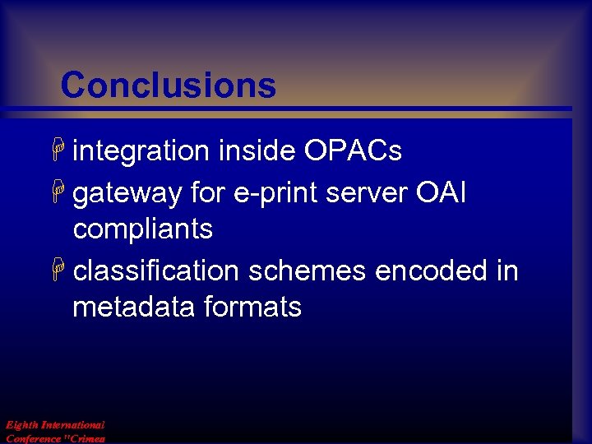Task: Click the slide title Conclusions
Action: (x=168, y=85)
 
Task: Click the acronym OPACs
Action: (x=353, y=151)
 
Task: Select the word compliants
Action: (x=142, y=229)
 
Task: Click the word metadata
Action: (x=127, y=308)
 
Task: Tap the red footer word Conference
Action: (x=33, y=438)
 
